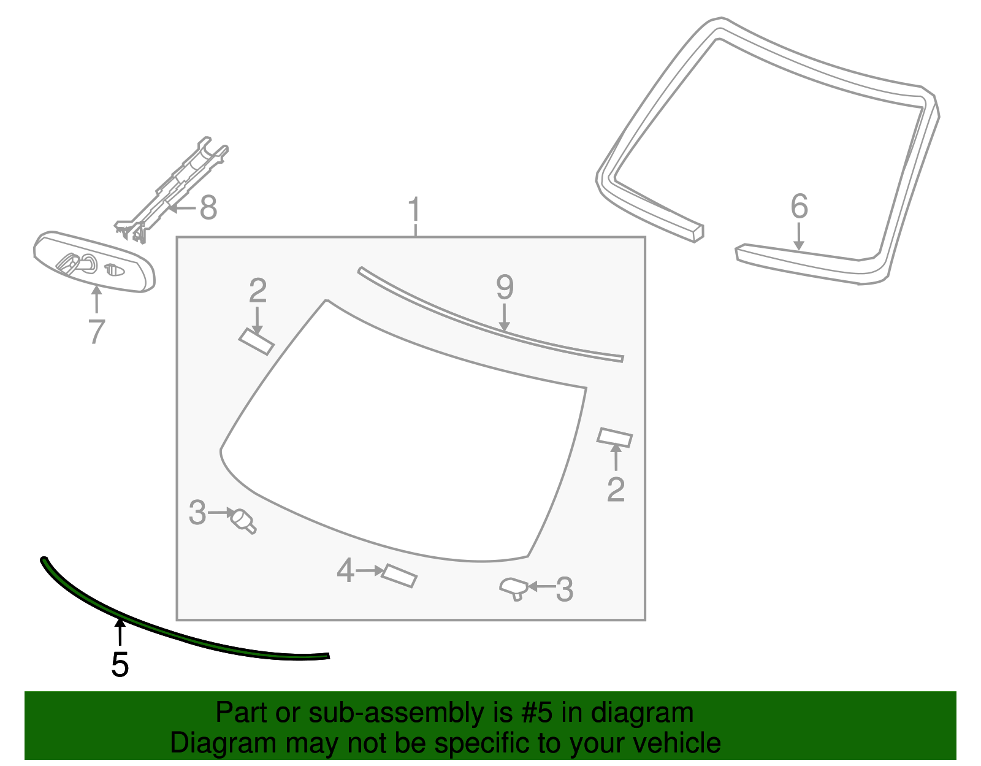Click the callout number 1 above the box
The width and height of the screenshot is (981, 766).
coord(415,210)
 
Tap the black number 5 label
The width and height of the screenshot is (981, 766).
coord(120,665)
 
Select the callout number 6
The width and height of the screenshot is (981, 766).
coord(799,207)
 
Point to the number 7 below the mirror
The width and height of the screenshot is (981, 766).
coord(97,332)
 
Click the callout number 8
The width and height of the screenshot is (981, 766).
coord(208,209)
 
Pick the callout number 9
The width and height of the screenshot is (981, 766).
coord(504,287)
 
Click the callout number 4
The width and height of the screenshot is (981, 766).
coord(345,571)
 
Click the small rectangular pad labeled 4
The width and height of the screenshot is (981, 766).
coord(399,576)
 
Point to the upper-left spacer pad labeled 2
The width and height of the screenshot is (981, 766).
coord(256,342)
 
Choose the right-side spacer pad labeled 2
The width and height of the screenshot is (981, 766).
coord(614,437)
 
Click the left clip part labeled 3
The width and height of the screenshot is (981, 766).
coord(243,520)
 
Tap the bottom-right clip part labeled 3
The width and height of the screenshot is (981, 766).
coord(513,588)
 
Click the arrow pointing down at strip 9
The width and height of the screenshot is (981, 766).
coord(504,318)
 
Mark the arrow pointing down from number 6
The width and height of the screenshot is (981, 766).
coord(798,237)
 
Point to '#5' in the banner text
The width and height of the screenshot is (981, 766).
coord(537,713)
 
